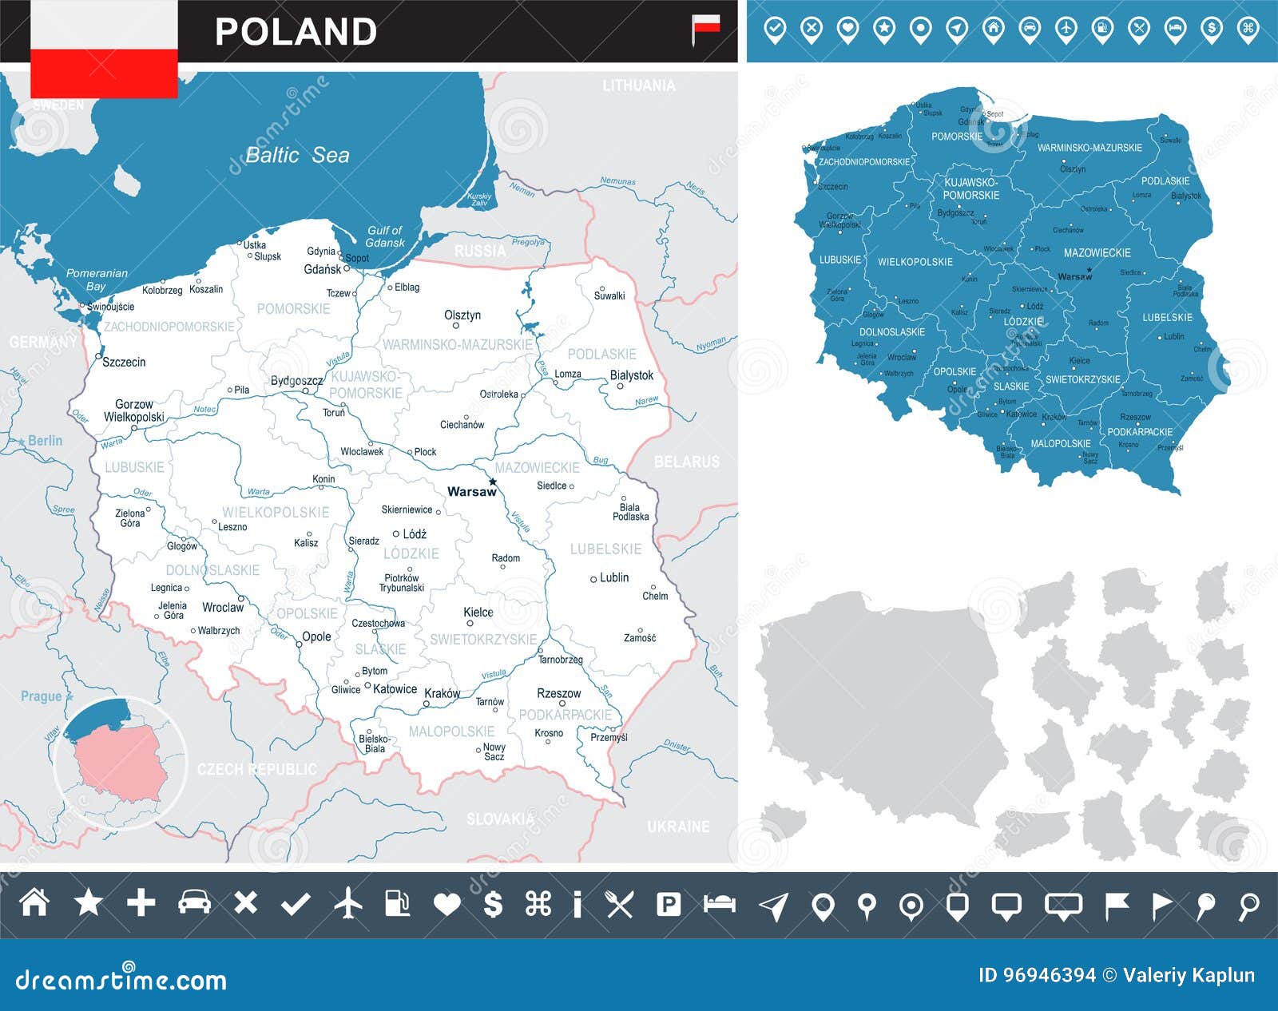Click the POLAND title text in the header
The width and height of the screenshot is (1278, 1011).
tap(296, 32)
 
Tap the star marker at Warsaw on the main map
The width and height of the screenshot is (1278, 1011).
tap(493, 482)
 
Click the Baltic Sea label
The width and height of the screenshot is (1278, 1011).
tap(297, 155)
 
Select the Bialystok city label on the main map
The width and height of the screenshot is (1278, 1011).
tap(631, 375)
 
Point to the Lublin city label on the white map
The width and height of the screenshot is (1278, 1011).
tap(613, 577)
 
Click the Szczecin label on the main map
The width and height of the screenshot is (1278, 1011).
tap(124, 362)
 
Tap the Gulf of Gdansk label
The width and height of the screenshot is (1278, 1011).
tap(385, 236)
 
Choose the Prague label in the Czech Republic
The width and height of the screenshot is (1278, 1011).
tap(41, 696)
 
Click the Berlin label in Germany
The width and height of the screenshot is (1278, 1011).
tap(45, 441)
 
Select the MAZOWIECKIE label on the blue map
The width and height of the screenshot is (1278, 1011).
tap(1097, 252)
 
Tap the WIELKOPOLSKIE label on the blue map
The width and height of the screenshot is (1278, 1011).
tap(915, 262)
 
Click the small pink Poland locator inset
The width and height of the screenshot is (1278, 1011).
tap(120, 763)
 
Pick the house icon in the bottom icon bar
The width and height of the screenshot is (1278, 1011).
tap(34, 903)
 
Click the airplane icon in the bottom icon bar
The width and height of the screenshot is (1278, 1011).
tap(348, 904)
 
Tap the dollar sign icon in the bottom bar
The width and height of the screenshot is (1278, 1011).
tap(493, 904)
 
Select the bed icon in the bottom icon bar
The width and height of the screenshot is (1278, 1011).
tap(719, 904)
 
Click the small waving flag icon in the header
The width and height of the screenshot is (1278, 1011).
tap(705, 29)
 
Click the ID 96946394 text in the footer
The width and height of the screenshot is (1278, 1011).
tap(1037, 975)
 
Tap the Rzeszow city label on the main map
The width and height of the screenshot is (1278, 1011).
tap(558, 693)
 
